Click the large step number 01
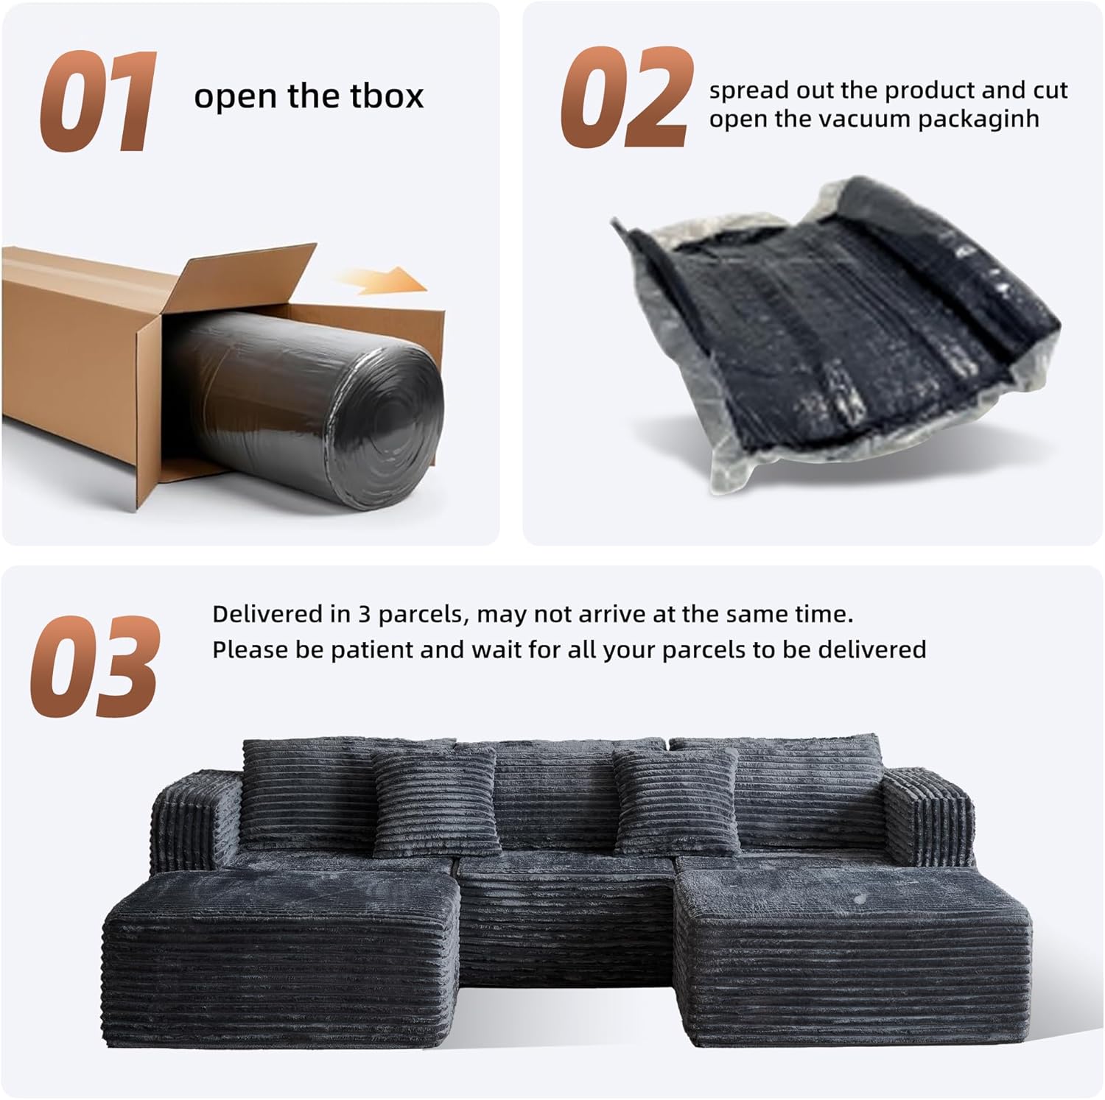tap(98, 102)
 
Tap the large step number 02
tap(628, 97)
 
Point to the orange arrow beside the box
tap(379, 279)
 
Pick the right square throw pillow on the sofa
tap(677, 801)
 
